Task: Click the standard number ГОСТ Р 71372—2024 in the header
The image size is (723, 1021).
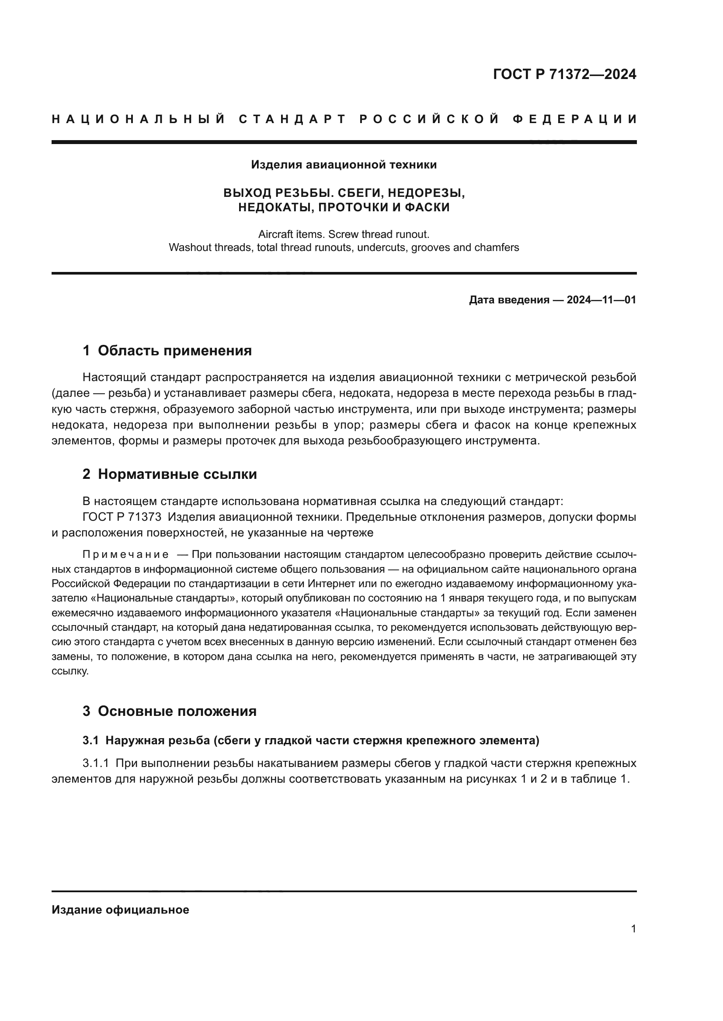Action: [x=564, y=74]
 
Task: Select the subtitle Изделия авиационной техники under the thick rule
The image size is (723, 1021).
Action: [x=344, y=165]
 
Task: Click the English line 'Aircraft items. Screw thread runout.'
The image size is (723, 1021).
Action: [x=344, y=234]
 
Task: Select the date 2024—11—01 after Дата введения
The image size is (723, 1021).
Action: [x=601, y=300]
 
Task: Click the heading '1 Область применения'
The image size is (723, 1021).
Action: [x=167, y=351]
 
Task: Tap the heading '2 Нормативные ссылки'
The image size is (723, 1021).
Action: [x=170, y=474]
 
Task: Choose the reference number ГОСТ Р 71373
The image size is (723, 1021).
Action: [x=122, y=517]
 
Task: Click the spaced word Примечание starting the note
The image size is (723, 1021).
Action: [x=125, y=554]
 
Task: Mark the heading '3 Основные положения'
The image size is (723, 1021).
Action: [x=169, y=711]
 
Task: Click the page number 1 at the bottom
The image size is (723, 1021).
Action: [x=633, y=928]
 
